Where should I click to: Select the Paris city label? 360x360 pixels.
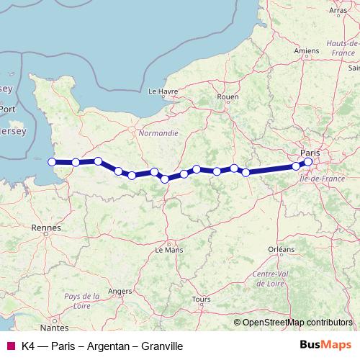click(310, 153)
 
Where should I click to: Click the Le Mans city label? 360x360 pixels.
click(170, 250)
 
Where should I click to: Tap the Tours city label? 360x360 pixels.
click(201, 299)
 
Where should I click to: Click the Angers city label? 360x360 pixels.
click(120, 291)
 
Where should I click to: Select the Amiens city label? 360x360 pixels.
click(306, 52)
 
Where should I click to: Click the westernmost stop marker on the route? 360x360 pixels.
click(52, 162)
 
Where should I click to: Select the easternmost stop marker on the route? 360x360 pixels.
click(308, 162)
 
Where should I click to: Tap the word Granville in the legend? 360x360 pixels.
click(161, 346)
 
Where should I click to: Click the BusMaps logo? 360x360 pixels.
click(325, 346)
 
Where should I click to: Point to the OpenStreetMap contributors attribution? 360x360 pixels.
click(297, 323)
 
